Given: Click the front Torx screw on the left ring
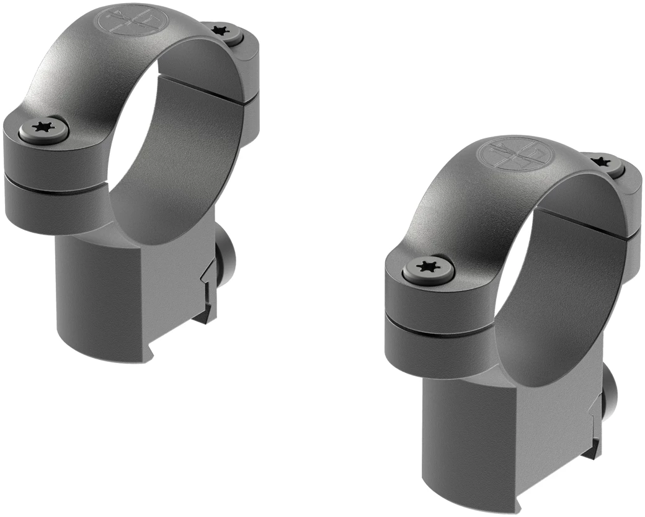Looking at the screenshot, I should pos(43,128).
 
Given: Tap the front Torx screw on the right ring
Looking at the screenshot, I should pos(427,267).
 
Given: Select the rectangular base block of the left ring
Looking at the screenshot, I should pos(124,298).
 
